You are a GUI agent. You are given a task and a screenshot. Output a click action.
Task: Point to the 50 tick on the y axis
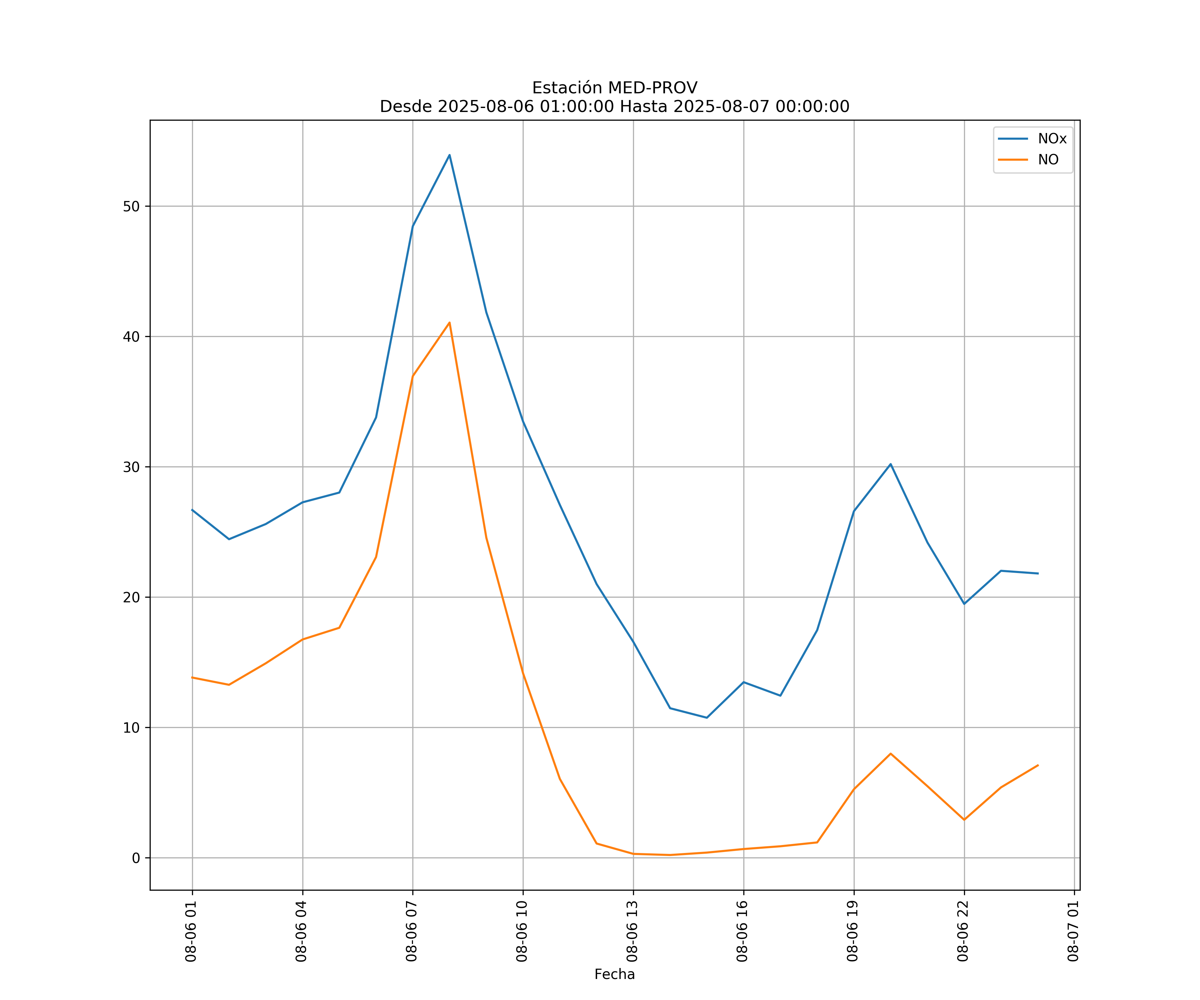(x=131, y=206)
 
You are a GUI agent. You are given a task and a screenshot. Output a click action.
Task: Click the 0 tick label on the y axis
(x=136, y=858)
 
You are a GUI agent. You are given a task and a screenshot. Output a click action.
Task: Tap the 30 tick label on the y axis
(x=131, y=467)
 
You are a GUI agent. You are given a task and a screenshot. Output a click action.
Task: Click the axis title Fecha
(x=614, y=974)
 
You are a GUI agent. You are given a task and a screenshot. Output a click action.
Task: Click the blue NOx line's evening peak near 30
(x=890, y=464)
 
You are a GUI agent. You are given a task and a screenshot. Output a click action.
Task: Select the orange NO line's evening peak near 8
(x=890, y=754)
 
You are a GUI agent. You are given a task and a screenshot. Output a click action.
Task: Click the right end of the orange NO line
(x=1038, y=765)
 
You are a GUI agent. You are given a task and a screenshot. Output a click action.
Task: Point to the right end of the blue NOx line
(x=1038, y=573)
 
